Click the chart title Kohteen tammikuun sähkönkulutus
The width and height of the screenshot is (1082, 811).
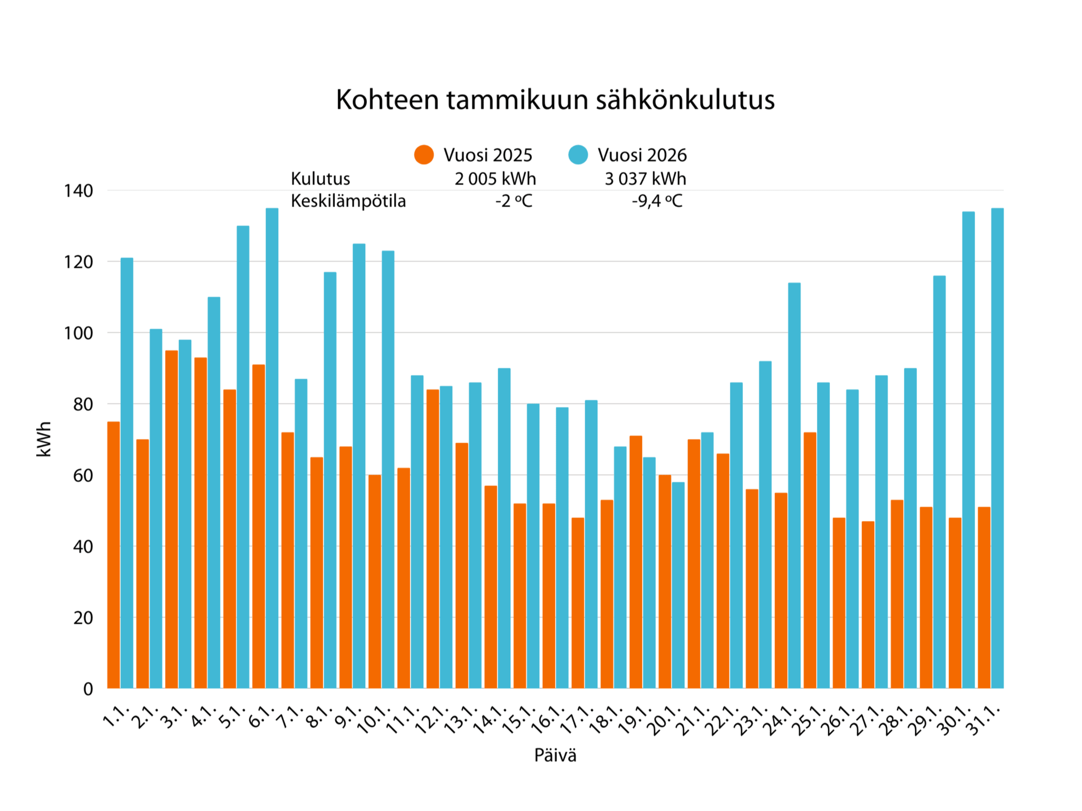tap(555, 100)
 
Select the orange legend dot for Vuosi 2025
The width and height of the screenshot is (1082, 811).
tap(424, 155)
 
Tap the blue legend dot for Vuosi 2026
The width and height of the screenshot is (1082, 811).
tap(578, 155)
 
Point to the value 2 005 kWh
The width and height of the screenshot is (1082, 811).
tap(495, 179)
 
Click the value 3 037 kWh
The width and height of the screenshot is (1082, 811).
tap(645, 179)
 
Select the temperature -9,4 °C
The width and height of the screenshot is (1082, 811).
tap(656, 201)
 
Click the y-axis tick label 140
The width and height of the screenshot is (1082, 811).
tap(78, 191)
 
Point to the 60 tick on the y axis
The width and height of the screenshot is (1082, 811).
tap(83, 476)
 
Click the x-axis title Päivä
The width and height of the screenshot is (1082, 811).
tap(555, 755)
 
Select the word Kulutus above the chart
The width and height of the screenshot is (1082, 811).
tap(321, 179)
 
